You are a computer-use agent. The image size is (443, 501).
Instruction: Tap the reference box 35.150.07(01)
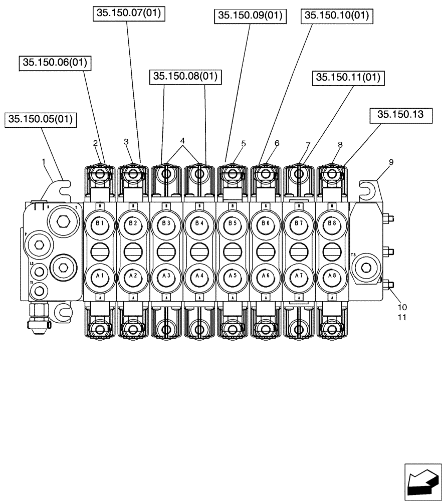tap(129, 14)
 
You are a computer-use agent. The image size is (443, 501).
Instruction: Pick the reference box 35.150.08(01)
tap(185, 76)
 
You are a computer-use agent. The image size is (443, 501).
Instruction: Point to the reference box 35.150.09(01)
tap(250, 16)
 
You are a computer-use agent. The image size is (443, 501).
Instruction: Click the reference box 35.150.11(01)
tap(348, 78)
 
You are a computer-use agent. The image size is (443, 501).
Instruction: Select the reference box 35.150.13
tap(400, 115)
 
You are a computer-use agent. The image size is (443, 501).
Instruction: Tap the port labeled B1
tap(100, 223)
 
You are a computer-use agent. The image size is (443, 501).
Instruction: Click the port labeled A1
tap(100, 276)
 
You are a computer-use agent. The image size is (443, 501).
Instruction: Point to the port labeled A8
tap(331, 276)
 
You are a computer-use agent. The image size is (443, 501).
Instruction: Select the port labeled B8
tap(331, 223)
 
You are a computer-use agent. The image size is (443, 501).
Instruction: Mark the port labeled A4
tap(199, 276)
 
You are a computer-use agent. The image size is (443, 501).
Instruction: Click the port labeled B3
tap(166, 223)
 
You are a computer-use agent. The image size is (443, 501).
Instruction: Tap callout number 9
tap(391, 162)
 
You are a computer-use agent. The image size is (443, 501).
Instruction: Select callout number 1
tap(44, 162)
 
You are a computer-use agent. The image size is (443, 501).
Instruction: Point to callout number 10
tap(402, 307)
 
